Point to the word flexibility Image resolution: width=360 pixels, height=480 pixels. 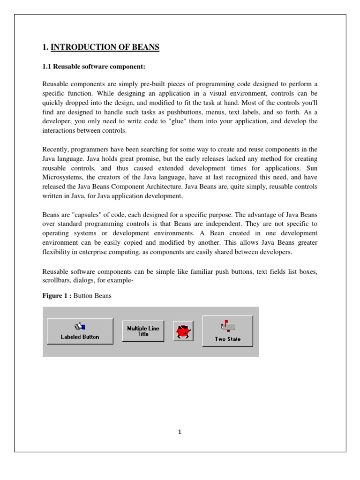coord(57,252)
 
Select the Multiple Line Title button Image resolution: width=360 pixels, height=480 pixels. coord(143,331)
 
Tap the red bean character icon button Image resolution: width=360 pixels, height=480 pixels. coord(183,331)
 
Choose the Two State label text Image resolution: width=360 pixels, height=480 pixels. coord(228,339)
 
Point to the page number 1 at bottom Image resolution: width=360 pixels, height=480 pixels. coord(180,432)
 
